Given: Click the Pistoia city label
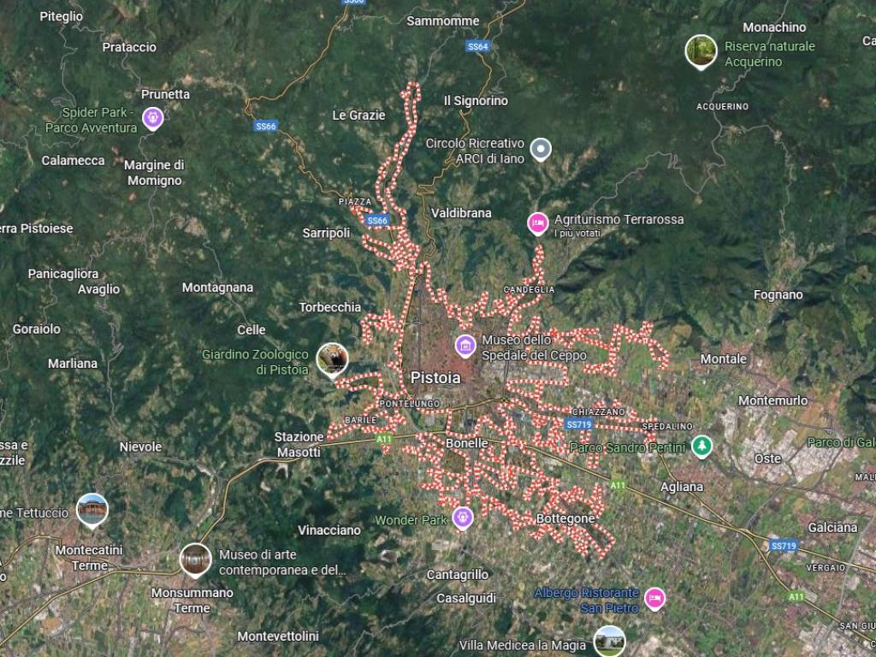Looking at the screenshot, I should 435,377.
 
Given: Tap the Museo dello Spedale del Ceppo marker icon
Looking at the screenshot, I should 465,346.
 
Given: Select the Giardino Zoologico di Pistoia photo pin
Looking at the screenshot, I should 332,359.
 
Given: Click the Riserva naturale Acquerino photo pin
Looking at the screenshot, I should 701,50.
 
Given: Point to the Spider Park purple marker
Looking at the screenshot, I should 153,117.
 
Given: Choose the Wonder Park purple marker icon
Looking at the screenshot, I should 463,517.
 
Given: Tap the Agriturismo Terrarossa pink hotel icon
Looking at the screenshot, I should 537,223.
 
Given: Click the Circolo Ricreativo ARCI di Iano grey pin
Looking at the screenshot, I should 540,150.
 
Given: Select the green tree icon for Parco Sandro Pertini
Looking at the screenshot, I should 702,446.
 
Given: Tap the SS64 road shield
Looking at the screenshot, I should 478,46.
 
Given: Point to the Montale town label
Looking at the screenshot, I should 724,359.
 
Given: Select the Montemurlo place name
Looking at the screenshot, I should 772,400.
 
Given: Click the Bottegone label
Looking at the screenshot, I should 565,518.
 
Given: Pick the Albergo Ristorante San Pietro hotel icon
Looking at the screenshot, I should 655,597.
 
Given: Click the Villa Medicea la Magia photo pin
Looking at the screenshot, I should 609,640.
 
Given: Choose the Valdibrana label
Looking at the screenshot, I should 461,213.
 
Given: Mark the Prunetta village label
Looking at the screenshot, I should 165,94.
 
